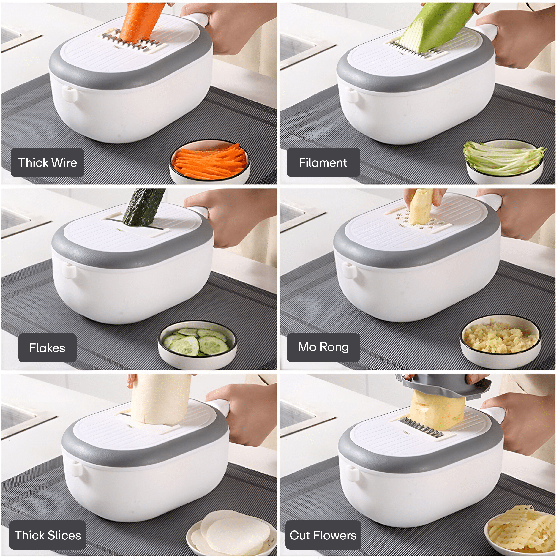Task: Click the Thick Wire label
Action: (48, 163)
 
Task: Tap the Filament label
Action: (323, 163)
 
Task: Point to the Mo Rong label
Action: (323, 347)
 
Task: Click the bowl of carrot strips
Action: (209, 162)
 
